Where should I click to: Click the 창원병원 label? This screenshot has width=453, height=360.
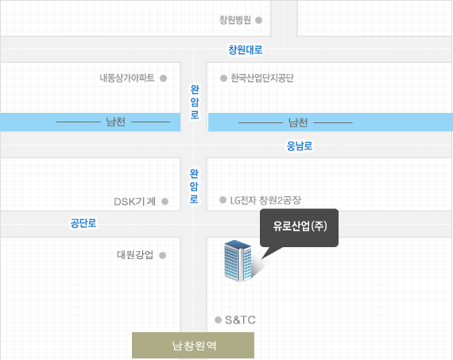click(235, 20)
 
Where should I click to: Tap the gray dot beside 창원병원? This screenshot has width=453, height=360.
click(259, 20)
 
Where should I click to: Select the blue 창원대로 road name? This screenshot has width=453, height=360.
click(246, 50)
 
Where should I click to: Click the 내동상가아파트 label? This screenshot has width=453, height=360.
click(127, 78)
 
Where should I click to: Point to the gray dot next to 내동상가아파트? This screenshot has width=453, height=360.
click(163, 79)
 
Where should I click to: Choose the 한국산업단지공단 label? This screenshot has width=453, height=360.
click(262, 78)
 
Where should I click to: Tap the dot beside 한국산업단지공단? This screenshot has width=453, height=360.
click(223, 79)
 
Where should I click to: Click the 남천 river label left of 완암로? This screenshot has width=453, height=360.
click(115, 122)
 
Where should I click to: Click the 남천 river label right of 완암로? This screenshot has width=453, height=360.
click(298, 122)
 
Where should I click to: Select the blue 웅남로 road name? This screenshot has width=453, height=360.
click(300, 146)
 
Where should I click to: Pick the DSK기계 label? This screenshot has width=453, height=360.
click(134, 201)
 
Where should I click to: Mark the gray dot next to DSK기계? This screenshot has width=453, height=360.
click(165, 201)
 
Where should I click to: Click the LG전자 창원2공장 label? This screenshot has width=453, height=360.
click(265, 200)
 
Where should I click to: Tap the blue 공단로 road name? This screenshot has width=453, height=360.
click(83, 223)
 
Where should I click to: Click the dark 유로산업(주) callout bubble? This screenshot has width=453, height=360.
click(300, 227)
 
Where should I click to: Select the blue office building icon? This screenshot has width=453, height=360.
click(238, 261)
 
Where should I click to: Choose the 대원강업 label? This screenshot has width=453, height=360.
click(135, 255)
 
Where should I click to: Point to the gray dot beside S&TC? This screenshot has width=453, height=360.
click(218, 319)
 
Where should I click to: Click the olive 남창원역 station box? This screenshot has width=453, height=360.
click(193, 345)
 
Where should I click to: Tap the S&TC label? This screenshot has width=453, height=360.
click(240, 319)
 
